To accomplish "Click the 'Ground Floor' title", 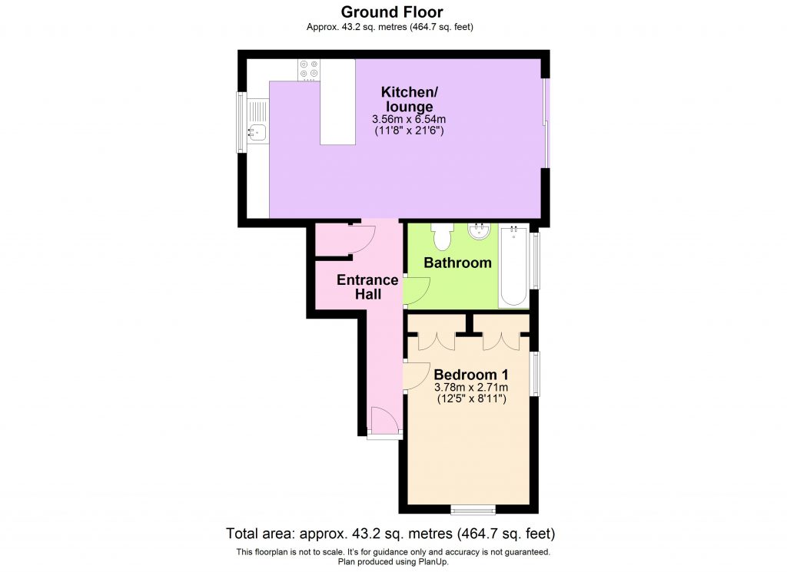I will (392, 12).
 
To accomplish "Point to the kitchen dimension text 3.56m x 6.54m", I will (408, 120).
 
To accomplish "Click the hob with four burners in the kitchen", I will (309, 70).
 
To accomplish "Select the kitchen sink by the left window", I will (257, 132).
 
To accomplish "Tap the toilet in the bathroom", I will (442, 236).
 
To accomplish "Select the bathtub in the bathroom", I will (513, 265).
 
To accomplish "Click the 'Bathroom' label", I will (458, 263).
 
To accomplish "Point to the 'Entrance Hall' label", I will (367, 286).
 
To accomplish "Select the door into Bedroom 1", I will (416, 375).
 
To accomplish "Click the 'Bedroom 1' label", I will (470, 374).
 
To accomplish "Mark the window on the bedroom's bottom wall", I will (473, 508).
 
